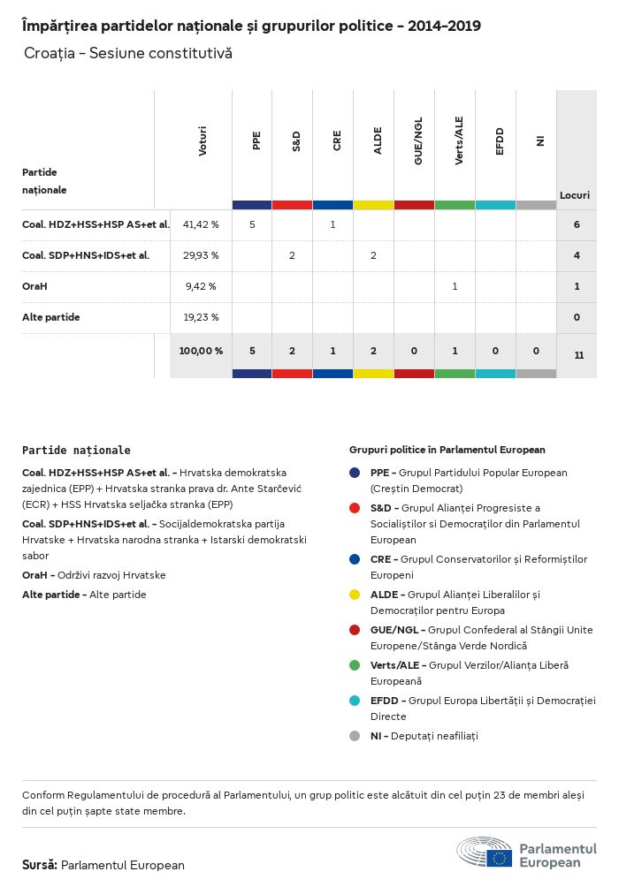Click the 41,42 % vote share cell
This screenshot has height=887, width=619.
pyautogui.click(x=201, y=225)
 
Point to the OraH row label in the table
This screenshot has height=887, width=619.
pyautogui.click(x=34, y=286)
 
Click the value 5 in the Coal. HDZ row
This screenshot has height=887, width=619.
pyautogui.click(x=252, y=225)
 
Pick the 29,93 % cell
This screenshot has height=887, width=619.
pyautogui.click(x=201, y=255)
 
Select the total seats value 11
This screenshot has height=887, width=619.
pyautogui.click(x=578, y=355)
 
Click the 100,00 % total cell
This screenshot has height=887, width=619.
pyautogui.click(x=201, y=351)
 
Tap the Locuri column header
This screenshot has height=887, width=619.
pyautogui.click(x=575, y=195)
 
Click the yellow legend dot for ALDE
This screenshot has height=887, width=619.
pyautogui.click(x=355, y=595)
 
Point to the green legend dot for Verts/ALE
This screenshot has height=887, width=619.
pyautogui.click(x=355, y=664)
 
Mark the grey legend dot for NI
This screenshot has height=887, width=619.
pyautogui.click(x=355, y=735)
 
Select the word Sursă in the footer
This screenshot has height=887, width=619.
pyautogui.click(x=40, y=865)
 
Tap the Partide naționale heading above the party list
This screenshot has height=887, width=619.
pyautogui.click(x=76, y=450)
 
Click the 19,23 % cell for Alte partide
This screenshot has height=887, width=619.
pyautogui.click(x=201, y=317)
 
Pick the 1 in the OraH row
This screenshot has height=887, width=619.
pyautogui.click(x=455, y=286)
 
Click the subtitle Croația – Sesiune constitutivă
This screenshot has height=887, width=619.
pyautogui.click(x=128, y=54)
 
